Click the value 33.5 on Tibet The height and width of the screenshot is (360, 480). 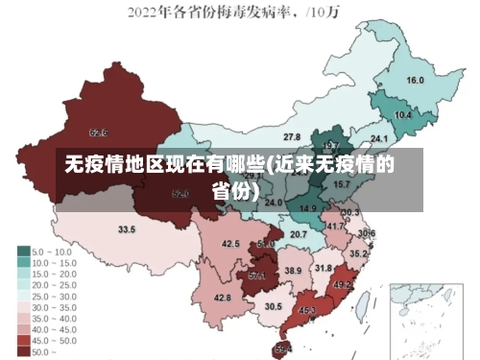coord(126,229)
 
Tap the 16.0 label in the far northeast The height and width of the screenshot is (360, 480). coord(415,80)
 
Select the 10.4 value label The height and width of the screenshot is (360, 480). coord(403,114)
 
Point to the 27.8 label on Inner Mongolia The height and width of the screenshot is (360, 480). coord(291,137)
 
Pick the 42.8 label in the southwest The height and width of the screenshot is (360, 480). coord(222,299)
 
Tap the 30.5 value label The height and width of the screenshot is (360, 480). coord(274,306)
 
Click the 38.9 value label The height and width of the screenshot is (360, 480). coord(292,272)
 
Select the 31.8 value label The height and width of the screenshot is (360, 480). coord(324,269)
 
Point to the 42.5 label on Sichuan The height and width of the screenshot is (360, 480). coord(230,244)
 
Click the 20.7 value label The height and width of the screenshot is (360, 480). coord(299,234)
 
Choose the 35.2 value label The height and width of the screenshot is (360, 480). coord(357,253)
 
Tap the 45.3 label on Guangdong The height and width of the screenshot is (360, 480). coord(307,311)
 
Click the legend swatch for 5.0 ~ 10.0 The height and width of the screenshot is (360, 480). coord(23,252)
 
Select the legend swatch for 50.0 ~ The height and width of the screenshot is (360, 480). coord(23,352)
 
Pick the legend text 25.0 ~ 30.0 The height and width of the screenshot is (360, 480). coord(54,297)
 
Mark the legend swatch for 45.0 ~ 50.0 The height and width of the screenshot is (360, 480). coord(23,341)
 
